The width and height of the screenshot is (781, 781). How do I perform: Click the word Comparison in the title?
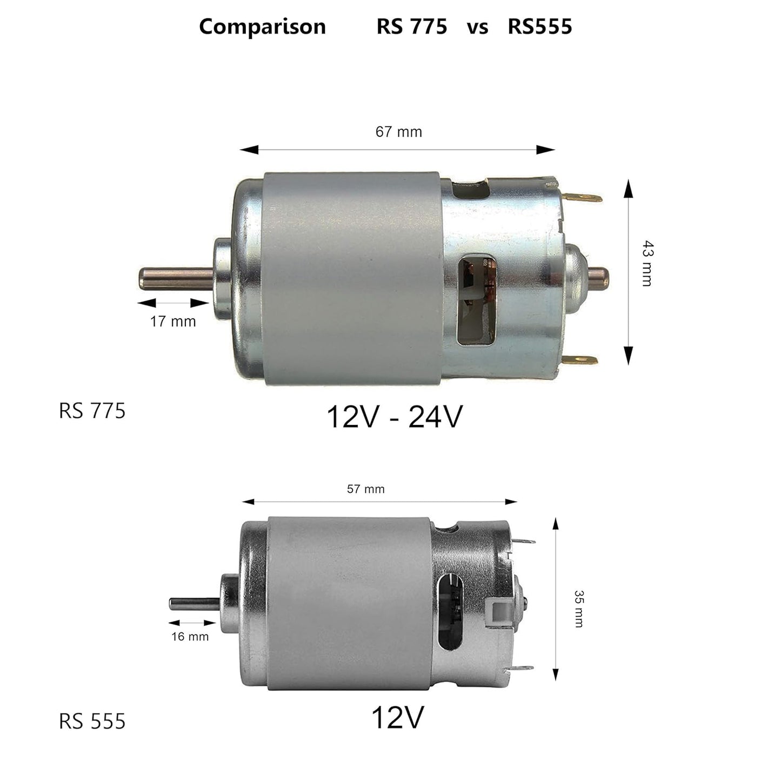262,26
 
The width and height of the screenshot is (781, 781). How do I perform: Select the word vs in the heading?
477,26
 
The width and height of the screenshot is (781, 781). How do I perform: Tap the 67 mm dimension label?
398,132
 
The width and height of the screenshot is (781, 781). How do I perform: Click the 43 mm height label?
647,263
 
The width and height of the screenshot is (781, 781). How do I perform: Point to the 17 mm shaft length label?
172,322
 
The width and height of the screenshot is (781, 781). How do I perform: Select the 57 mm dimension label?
365,489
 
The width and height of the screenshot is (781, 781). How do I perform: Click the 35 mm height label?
578,608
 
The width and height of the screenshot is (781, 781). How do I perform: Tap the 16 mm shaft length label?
190,637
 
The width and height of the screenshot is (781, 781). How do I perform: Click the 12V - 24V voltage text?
395,417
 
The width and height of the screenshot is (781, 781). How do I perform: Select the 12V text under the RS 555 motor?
397,718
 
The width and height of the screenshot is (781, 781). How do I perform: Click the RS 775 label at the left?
92,411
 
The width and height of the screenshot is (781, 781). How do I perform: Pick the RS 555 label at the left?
92,721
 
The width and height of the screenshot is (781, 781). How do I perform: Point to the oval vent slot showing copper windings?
477,300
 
